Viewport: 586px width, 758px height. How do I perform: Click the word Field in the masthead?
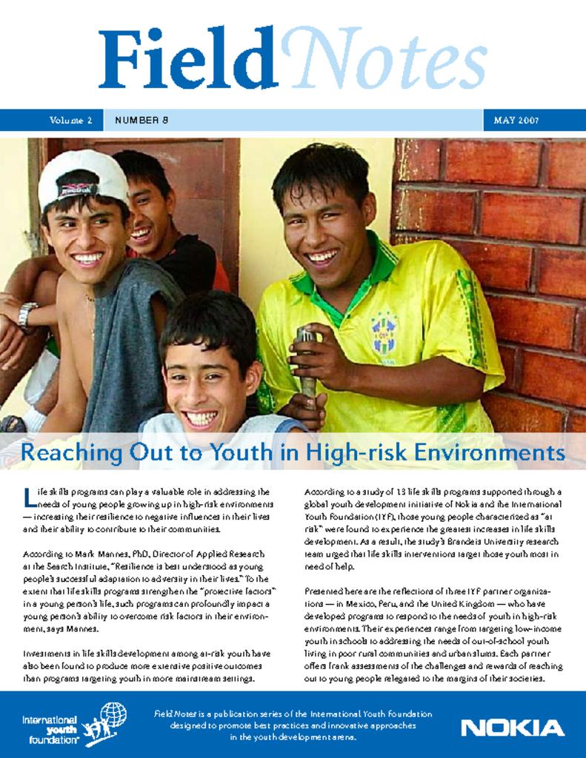click(188, 60)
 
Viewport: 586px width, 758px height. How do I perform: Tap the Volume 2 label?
click(71, 120)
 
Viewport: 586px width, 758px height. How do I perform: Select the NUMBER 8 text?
click(141, 120)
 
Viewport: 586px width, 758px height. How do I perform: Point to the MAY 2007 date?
click(516, 120)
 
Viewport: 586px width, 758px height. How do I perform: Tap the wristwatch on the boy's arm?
click(27, 316)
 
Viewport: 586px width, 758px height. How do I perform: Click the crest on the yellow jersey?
click(384, 335)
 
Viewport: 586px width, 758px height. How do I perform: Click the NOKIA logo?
click(512, 728)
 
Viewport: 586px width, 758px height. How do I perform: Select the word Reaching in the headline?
click(62, 452)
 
